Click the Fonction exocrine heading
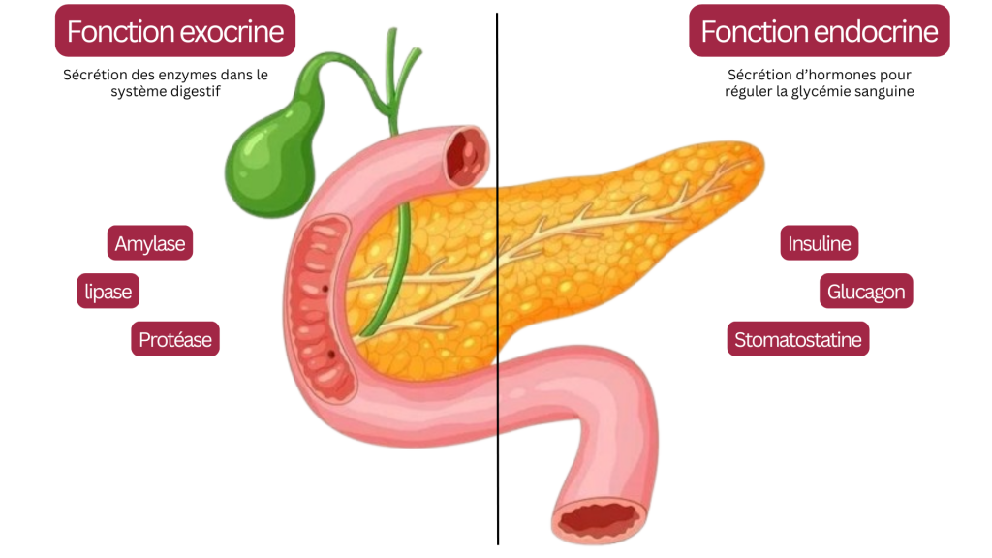[175, 31]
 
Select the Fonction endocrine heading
[820, 31]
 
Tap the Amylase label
[150, 243]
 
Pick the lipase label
[108, 291]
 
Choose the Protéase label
[175, 339]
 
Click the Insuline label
[820, 243]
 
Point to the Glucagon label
[866, 291]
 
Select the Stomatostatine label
[798, 339]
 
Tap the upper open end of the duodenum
[468, 156]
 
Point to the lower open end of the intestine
[599, 519]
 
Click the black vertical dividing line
[497, 278]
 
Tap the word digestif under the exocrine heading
[196, 91]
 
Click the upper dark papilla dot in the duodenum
[325, 289]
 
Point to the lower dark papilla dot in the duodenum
[331, 355]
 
